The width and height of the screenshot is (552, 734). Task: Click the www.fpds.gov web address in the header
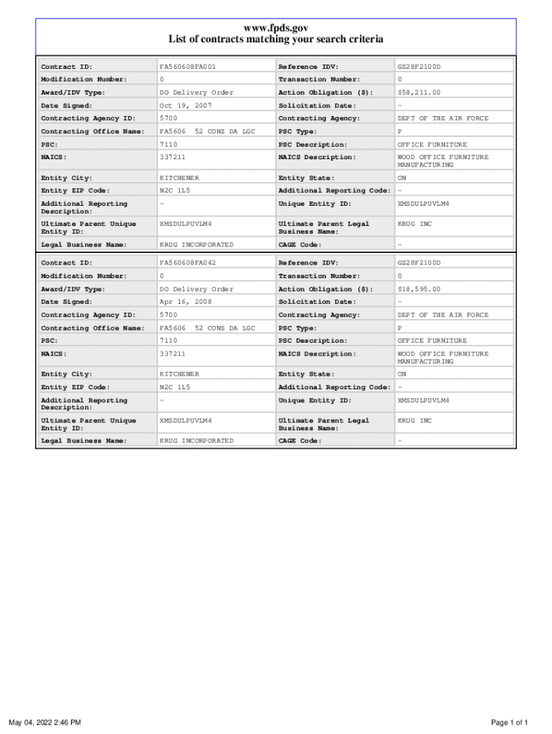[x=276, y=28]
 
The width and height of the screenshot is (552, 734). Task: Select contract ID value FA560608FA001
[x=187, y=67]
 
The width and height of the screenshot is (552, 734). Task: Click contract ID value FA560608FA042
[x=187, y=263]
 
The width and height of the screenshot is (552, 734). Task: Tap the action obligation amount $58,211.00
[x=419, y=92]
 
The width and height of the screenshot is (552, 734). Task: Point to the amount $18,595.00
[x=419, y=289]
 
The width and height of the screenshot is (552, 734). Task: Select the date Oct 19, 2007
[x=186, y=105]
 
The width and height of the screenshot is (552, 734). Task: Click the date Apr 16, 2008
[x=186, y=302]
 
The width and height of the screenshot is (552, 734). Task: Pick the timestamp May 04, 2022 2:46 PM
[x=44, y=722]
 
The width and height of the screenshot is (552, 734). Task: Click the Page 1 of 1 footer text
[x=510, y=722]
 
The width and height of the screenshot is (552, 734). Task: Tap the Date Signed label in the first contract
[x=67, y=105]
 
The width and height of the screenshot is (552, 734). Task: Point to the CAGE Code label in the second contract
[x=300, y=441]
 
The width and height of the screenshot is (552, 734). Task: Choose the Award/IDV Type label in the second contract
[x=73, y=289]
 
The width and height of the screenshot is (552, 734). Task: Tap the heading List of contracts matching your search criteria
[x=276, y=39]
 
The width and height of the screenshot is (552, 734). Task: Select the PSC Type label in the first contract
[x=298, y=131]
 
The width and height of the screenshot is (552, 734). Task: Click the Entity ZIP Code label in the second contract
[x=75, y=387]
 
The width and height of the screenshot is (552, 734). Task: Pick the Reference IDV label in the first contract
[x=308, y=67]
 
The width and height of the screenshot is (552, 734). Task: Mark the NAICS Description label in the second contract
[x=317, y=354]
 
